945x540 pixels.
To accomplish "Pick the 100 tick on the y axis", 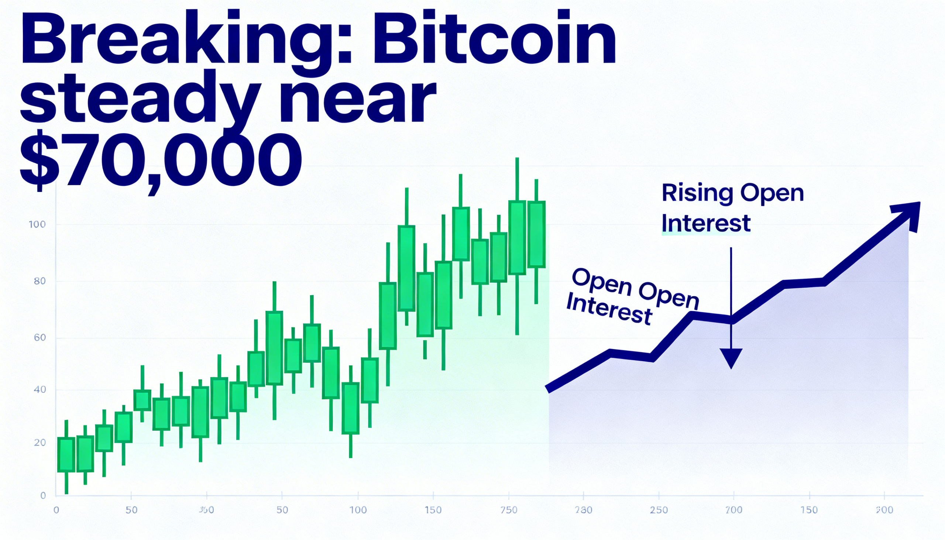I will [x=37, y=224].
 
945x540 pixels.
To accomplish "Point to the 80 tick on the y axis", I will [x=39, y=281].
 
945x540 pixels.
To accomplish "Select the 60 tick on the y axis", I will [x=39, y=337].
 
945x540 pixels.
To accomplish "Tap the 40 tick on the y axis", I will [x=39, y=390].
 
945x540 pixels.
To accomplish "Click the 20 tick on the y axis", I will [x=39, y=443].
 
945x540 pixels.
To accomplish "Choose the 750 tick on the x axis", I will [x=508, y=510].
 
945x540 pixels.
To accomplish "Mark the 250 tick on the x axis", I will [x=659, y=510].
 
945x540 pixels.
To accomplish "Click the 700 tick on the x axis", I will [x=734, y=510].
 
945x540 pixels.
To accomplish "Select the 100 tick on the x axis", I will [x=358, y=510].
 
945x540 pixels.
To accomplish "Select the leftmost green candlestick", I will [x=66, y=454].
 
